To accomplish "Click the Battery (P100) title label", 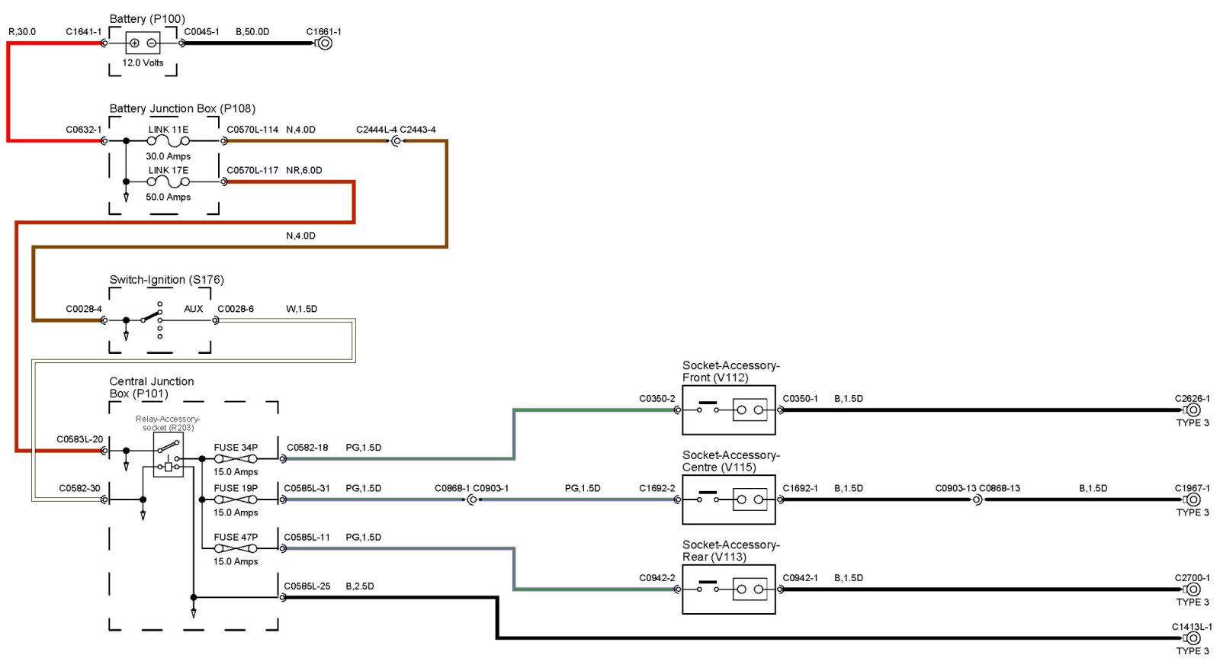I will pyautogui.click(x=147, y=19).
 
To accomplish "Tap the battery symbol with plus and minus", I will pyautogui.click(x=143, y=43).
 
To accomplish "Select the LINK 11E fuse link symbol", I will pyautogui.click(x=169, y=141).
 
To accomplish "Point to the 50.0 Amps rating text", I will pyautogui.click(x=169, y=197).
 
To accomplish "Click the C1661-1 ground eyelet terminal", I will pyautogui.click(x=325, y=43).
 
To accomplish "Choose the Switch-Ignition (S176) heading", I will pyautogui.click(x=166, y=280).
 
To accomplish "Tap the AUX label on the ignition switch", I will pyautogui.click(x=194, y=309).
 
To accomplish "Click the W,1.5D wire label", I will pyautogui.click(x=302, y=309).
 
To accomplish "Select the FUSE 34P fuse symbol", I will pyautogui.click(x=236, y=459).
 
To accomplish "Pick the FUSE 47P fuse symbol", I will pyautogui.click(x=236, y=548).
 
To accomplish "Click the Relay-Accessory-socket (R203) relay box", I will pyautogui.click(x=169, y=456).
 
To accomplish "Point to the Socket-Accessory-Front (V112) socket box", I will pyautogui.click(x=729, y=410).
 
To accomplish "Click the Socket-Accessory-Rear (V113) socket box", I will pyautogui.click(x=729, y=590).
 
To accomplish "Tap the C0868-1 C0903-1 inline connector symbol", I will pyautogui.click(x=472, y=500).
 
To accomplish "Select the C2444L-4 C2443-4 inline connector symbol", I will pyautogui.click(x=396, y=141).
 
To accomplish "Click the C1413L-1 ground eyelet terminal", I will pyautogui.click(x=1193, y=638).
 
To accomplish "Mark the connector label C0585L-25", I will pyautogui.click(x=307, y=586).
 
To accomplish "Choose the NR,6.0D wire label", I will pyautogui.click(x=304, y=171).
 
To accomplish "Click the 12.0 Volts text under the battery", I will pyautogui.click(x=143, y=63).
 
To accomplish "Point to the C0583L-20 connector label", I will pyautogui.click(x=79, y=439).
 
